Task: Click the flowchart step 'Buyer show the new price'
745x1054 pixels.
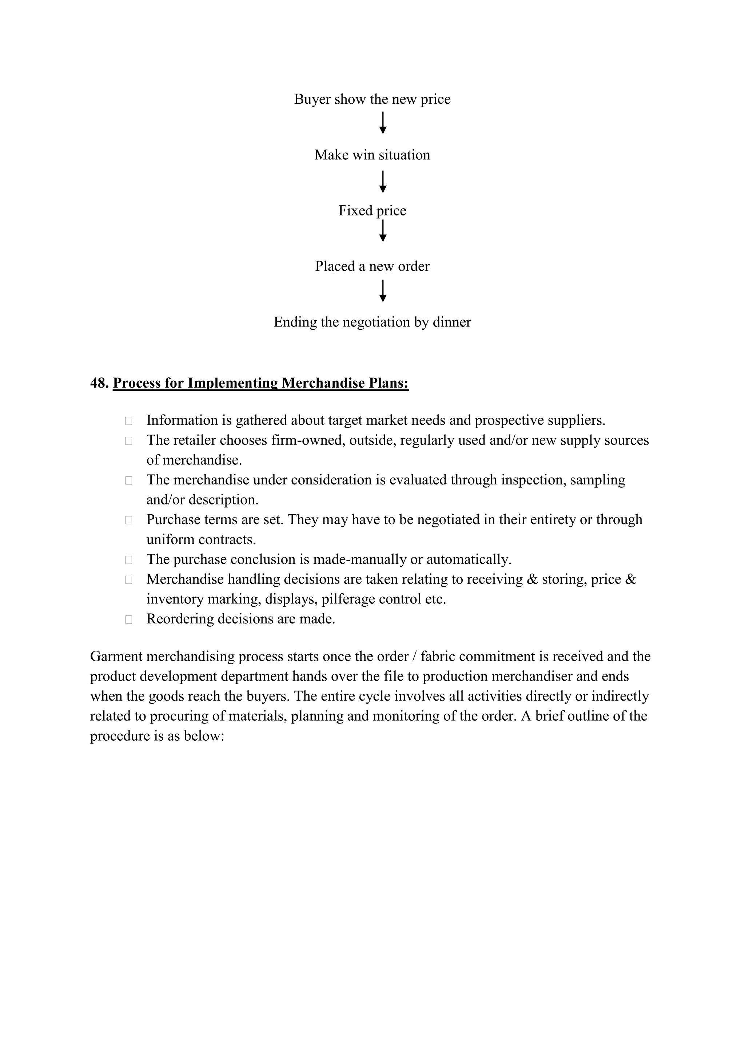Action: (x=372, y=99)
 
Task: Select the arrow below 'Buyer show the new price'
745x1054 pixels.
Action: (x=383, y=123)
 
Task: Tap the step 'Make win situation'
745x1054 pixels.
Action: (x=372, y=155)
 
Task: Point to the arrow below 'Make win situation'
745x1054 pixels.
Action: (x=383, y=182)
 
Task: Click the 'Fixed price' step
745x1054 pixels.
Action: (x=372, y=211)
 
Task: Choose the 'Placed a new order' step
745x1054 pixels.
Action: (x=372, y=266)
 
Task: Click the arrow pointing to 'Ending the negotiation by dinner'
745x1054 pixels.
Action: (x=383, y=291)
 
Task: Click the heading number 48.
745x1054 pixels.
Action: (x=99, y=383)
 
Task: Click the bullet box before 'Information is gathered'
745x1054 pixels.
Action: (x=128, y=420)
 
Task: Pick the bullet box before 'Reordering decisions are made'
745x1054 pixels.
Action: (x=128, y=619)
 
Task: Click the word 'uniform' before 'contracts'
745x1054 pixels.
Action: (x=169, y=540)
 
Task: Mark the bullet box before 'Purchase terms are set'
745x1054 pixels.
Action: (x=128, y=520)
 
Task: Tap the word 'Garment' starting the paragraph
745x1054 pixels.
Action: (x=116, y=657)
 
